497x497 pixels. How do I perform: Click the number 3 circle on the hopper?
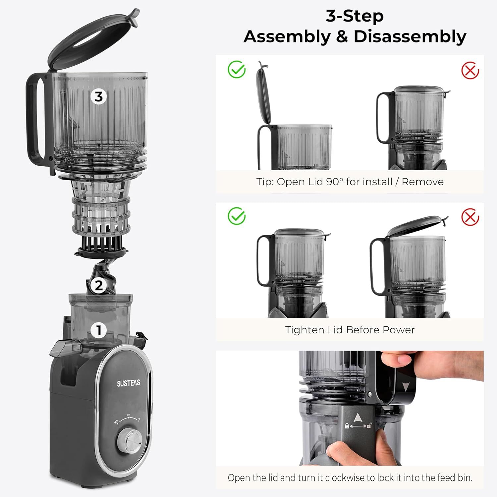98,97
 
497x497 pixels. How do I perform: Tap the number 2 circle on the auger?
99,285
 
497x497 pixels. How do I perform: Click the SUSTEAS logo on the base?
129,383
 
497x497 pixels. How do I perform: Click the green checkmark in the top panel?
237,70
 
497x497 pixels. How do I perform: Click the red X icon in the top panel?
470,71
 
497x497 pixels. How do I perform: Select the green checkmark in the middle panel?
237,216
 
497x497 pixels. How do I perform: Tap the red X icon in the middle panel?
470,217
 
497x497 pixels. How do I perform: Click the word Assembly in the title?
287,36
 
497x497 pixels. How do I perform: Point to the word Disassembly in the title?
410,36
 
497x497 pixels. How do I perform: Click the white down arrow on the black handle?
405,386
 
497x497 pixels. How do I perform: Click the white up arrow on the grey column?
357,417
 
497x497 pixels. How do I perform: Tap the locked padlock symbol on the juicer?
347,426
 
